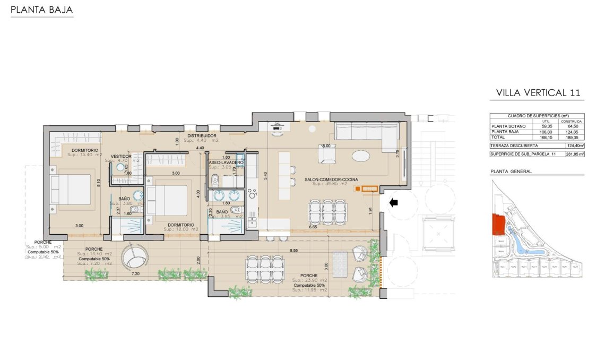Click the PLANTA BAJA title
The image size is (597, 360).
click(42, 10)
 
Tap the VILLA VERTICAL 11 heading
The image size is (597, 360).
click(538, 93)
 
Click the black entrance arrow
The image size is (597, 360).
click(393, 202)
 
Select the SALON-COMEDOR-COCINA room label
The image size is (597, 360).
click(327, 179)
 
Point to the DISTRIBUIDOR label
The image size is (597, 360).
click(201, 136)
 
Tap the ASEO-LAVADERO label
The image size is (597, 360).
click(226, 162)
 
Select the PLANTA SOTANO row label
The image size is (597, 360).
click(509, 126)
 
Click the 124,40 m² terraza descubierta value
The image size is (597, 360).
click(575, 145)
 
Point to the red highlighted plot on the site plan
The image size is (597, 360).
click(497, 224)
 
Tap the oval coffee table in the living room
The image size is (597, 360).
click(362, 156)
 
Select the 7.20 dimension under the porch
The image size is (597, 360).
click(135, 274)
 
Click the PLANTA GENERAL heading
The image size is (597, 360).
click(512, 172)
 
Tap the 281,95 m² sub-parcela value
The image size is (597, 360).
click(575, 154)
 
